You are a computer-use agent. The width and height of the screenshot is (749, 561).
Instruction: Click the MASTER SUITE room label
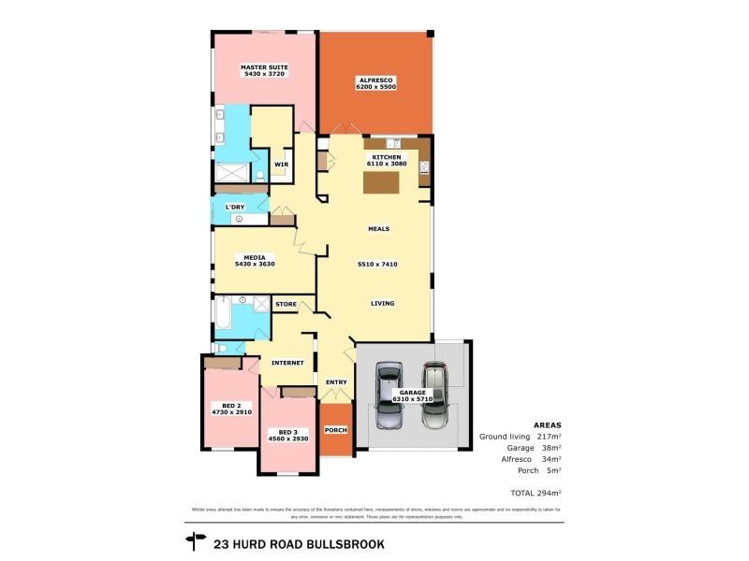click(x=264, y=67)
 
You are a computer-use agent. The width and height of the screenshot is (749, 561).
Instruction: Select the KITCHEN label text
click(x=387, y=157)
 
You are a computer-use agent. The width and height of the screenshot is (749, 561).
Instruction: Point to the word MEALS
click(x=378, y=228)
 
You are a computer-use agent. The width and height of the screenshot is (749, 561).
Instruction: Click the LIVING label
click(x=382, y=303)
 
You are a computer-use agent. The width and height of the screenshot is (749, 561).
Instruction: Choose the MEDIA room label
click(x=255, y=257)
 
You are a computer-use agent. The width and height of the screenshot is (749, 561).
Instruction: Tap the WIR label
click(x=281, y=165)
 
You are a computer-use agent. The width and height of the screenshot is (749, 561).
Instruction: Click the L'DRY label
click(x=234, y=207)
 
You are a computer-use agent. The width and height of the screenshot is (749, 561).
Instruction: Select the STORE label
click(x=286, y=304)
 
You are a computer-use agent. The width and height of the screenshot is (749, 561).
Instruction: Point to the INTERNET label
click(x=286, y=362)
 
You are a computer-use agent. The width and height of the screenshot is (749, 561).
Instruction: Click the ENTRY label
click(x=336, y=381)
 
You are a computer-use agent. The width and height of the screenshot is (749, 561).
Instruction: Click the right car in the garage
click(x=436, y=395)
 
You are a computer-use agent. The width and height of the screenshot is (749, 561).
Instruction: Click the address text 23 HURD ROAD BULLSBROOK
click(x=299, y=542)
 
